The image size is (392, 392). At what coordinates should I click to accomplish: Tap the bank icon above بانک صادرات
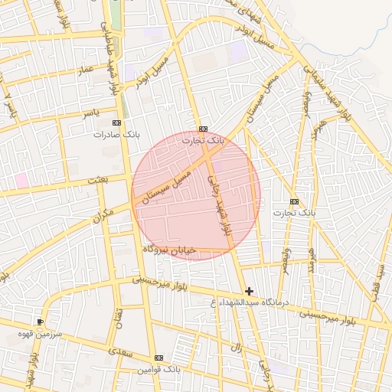click(116, 122)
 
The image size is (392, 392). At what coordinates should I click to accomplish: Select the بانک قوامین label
click(158, 369)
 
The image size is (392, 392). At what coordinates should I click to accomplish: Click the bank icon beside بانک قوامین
click(158, 358)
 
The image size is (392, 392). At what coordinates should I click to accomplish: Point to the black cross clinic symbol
click(249, 291)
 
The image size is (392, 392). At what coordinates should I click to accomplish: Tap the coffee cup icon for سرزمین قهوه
click(40, 322)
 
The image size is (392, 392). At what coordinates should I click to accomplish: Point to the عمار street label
click(83, 70)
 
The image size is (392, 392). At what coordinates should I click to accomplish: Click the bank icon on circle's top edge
click(203, 129)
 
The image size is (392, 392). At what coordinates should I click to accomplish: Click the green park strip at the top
click(116, 15)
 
